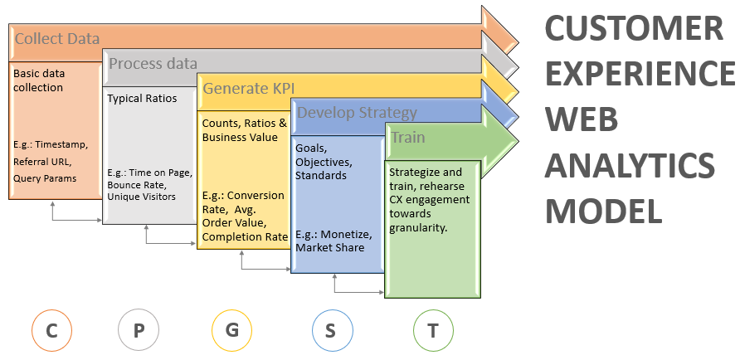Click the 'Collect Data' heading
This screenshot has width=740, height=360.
57,38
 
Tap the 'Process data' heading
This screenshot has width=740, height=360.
153,63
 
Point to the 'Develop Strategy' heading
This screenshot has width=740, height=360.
358,113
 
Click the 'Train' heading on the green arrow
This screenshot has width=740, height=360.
408,138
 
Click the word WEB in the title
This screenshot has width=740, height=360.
582,119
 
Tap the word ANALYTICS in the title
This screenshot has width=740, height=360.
630,165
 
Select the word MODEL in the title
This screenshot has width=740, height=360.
604,211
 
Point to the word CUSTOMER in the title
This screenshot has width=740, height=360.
635,28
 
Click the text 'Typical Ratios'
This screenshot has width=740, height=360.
142,99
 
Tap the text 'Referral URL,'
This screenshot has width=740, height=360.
42,162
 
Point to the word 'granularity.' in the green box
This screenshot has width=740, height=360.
418,228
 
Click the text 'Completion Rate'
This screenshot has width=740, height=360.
245,237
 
